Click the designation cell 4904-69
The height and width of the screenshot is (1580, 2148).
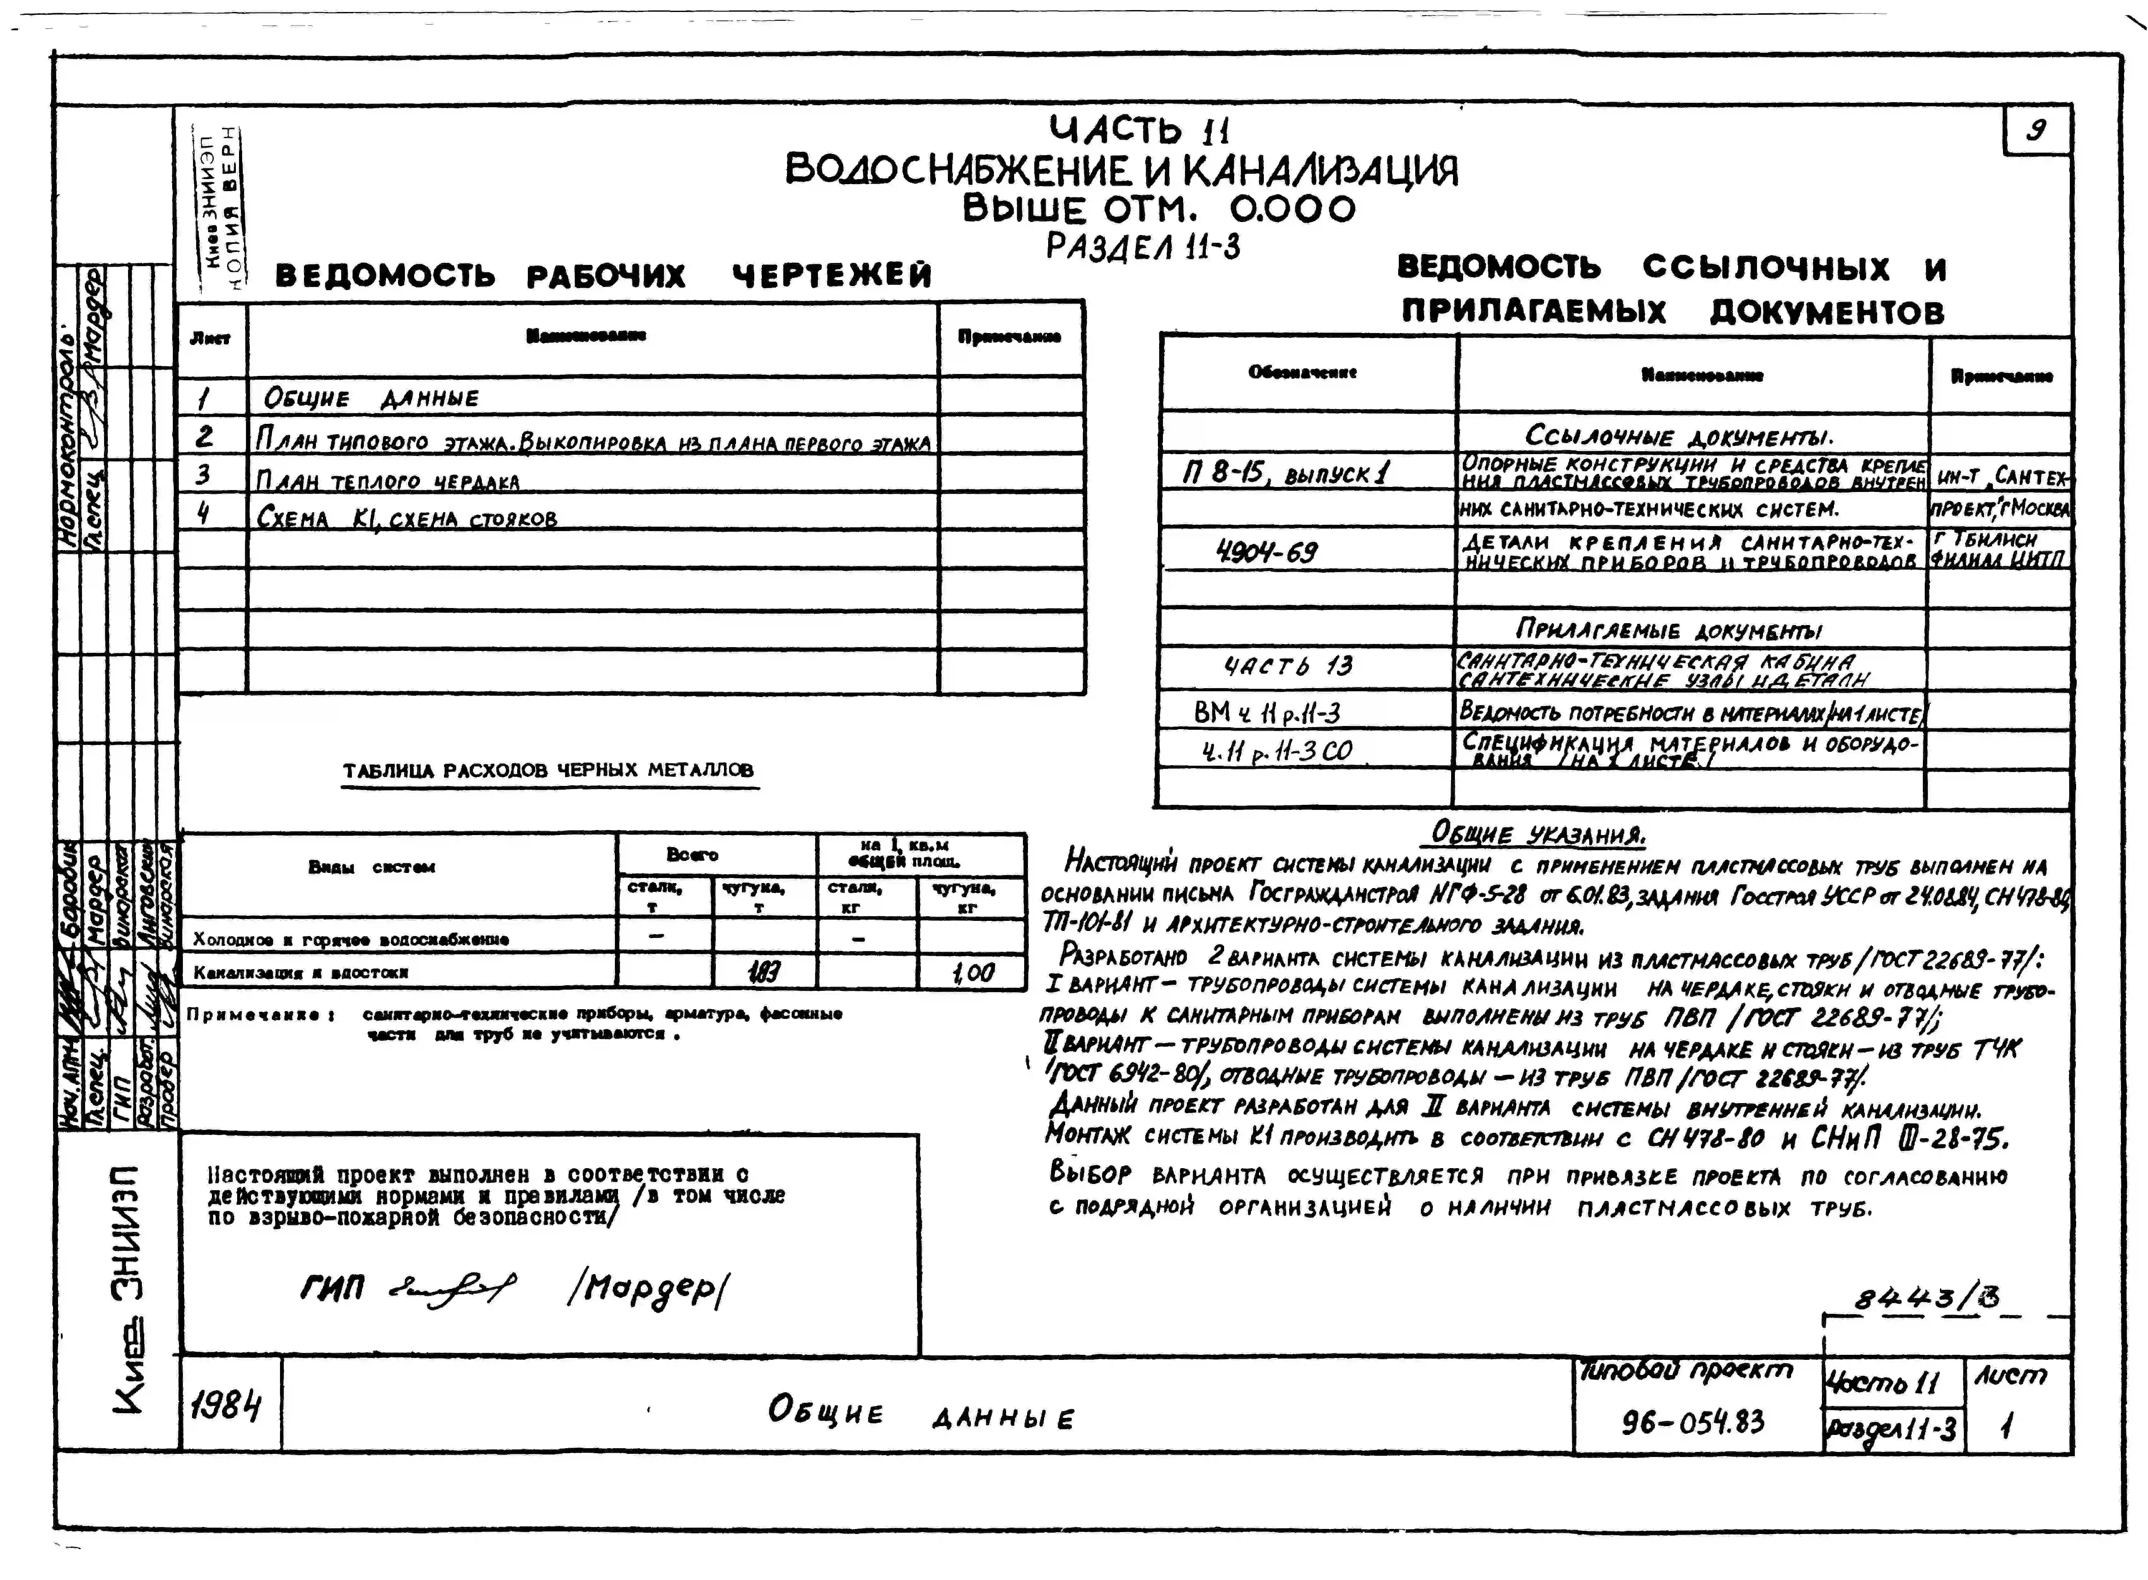pyautogui.click(x=1267, y=552)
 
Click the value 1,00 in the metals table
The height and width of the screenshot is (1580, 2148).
pyautogui.click(x=973, y=973)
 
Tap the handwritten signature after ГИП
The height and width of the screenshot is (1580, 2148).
pyautogui.click(x=453, y=1289)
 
